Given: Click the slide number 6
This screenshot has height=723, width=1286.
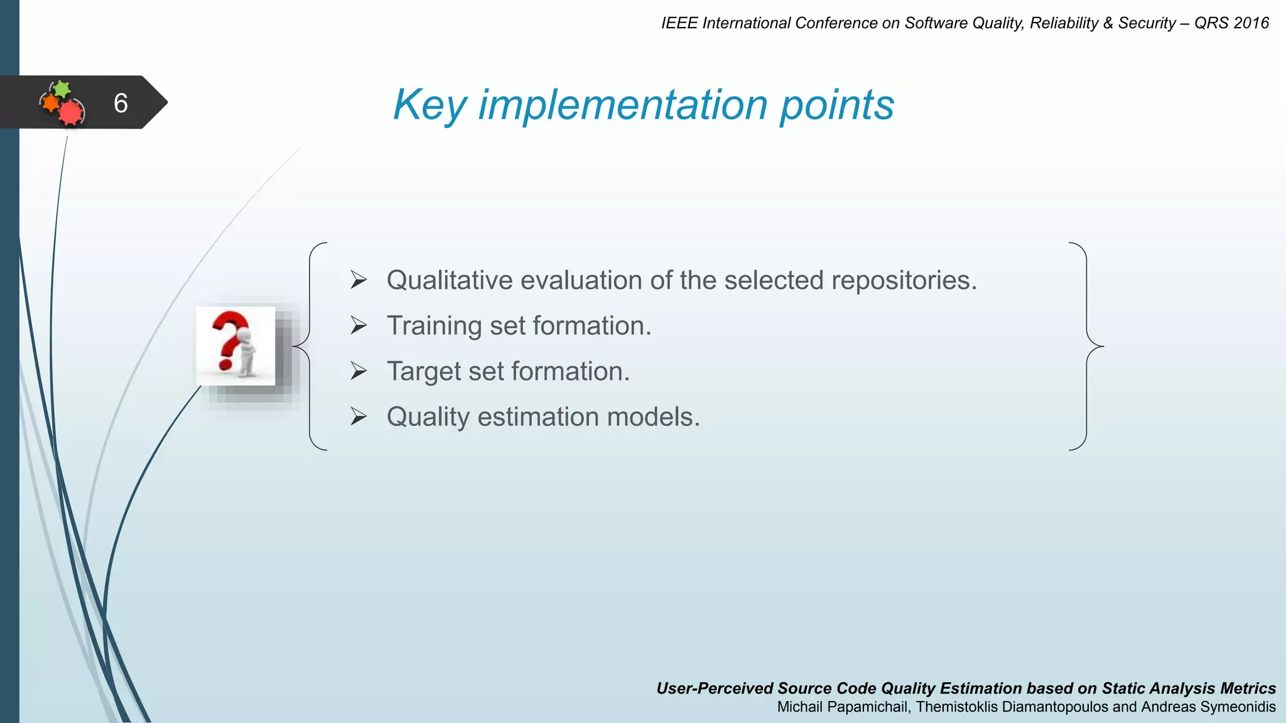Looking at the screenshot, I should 121,103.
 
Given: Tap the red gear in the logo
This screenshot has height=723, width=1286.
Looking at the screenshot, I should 70,113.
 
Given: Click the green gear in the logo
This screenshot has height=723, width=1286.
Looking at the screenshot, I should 61,88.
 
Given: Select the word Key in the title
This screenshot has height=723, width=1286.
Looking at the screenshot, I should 429,105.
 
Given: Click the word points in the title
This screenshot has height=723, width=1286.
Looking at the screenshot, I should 836,105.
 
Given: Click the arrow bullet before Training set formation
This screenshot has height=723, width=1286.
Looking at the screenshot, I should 359,325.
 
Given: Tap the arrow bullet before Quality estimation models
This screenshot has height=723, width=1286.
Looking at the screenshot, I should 359,416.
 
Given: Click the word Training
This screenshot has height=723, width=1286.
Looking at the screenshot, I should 433,326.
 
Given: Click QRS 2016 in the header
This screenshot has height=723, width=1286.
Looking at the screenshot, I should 1231,23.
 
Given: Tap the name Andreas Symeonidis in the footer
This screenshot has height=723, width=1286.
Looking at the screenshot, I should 1208,707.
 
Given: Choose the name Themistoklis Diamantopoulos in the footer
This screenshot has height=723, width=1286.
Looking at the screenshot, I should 1012,707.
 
